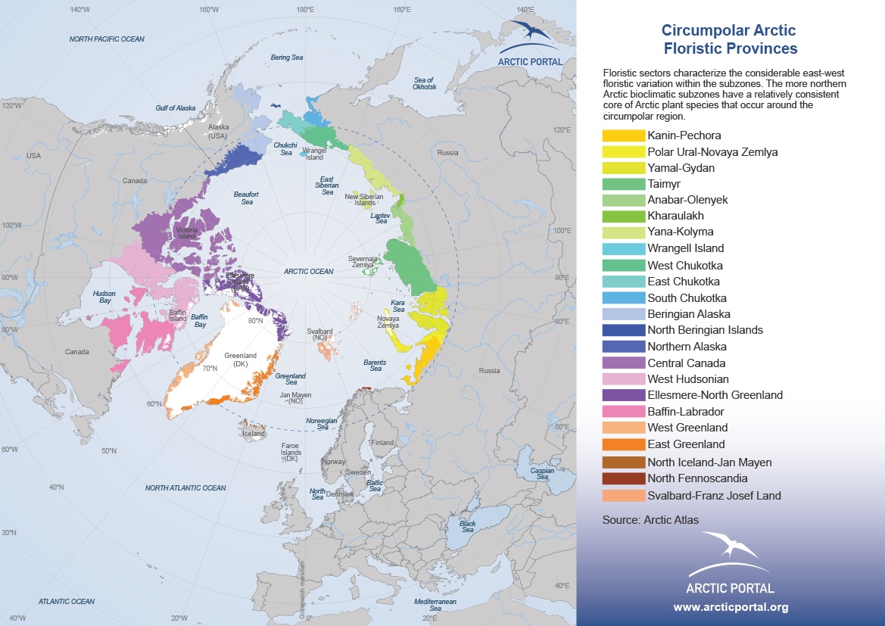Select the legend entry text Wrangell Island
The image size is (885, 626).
(x=685, y=248)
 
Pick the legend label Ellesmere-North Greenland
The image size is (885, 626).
(x=715, y=395)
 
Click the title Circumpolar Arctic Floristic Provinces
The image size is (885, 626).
(x=729, y=39)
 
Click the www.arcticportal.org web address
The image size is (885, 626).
(x=731, y=607)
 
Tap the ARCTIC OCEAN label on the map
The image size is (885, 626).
(x=308, y=271)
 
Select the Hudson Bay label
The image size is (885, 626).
(x=104, y=296)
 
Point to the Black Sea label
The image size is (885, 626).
(x=467, y=526)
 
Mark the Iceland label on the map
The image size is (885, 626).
(x=253, y=434)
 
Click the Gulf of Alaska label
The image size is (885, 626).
(x=175, y=108)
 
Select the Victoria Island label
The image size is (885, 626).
(x=186, y=232)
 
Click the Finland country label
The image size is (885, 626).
(x=382, y=443)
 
